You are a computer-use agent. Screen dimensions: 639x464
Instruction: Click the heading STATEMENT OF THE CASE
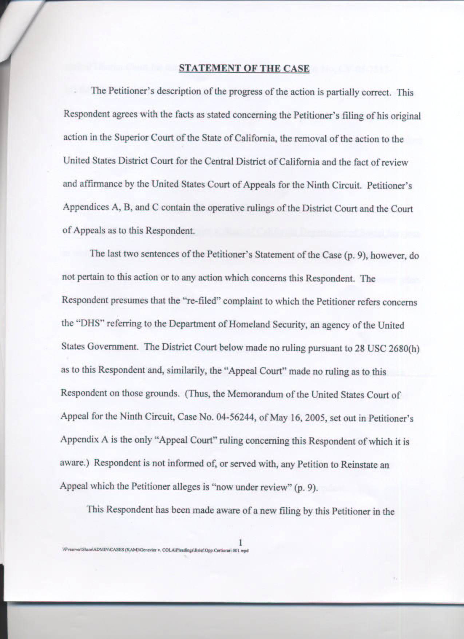(244, 68)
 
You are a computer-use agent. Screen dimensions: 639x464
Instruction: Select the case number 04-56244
(229, 417)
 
